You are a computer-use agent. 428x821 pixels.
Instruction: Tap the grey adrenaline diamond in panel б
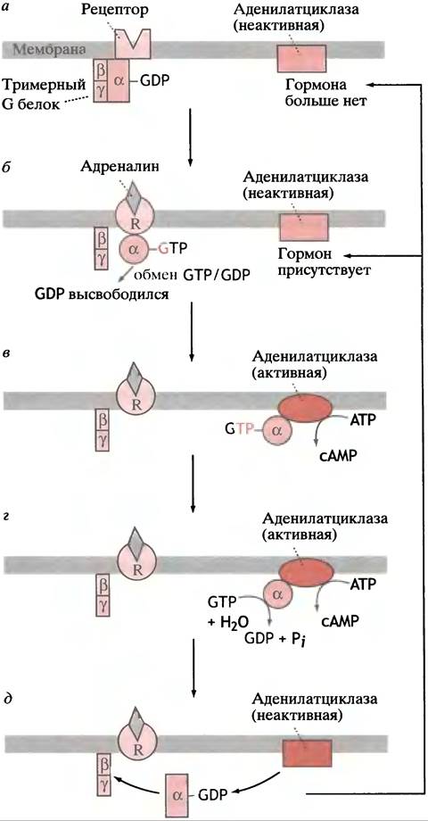tap(136, 195)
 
